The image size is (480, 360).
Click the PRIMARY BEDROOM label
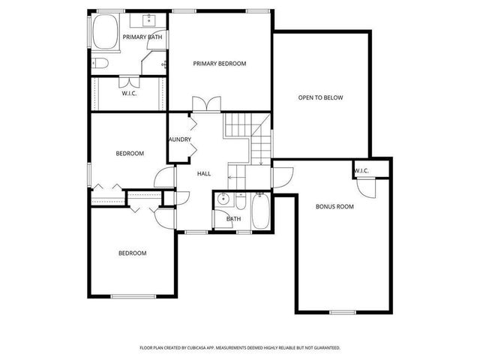coord(219,64)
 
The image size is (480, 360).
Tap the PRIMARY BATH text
coord(144,37)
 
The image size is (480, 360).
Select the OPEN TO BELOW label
coord(320,97)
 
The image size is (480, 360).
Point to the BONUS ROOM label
coord(334,205)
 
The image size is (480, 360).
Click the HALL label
coord(203,174)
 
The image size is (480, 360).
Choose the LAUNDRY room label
coord(180,139)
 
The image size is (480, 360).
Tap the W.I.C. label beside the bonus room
coord(361,171)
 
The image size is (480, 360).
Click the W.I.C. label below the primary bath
coord(128,94)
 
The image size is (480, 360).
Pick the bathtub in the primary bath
coord(105,33)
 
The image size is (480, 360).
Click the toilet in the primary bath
coord(102,62)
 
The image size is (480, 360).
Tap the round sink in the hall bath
coord(223,200)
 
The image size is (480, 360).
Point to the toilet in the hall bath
coord(241,202)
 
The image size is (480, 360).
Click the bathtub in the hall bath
coord(262,212)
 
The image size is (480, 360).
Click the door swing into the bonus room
coord(283,175)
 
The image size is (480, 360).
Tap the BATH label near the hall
coord(233,219)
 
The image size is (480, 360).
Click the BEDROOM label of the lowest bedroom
coord(133,253)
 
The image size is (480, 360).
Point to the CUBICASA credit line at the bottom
coord(240,348)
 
